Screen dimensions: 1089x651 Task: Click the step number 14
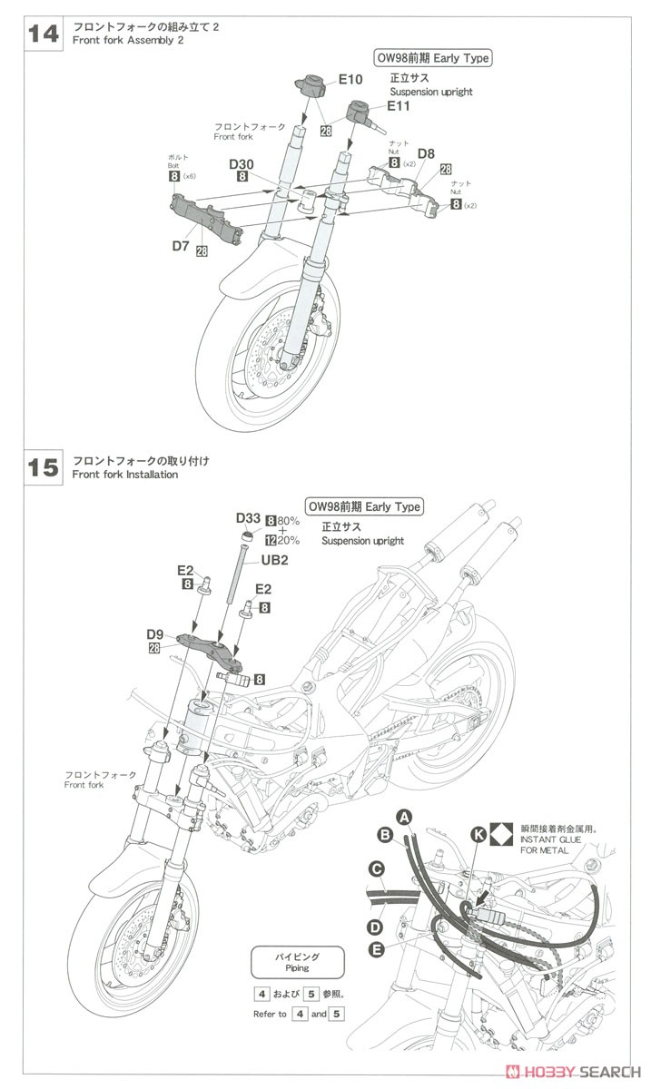(x=44, y=34)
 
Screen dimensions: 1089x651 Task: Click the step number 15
(x=44, y=467)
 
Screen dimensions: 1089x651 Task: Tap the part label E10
(x=350, y=79)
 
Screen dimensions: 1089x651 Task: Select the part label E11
(x=398, y=106)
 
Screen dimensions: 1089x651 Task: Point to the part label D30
(x=242, y=164)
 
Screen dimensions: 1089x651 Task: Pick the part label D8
(x=427, y=153)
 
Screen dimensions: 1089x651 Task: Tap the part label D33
(x=248, y=518)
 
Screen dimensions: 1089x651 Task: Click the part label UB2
(x=275, y=560)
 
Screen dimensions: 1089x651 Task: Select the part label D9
(x=154, y=633)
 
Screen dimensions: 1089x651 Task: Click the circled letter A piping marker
(x=405, y=816)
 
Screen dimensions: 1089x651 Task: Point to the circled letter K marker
(x=478, y=829)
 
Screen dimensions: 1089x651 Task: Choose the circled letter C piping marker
(x=374, y=868)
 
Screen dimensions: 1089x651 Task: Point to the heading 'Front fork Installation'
(x=125, y=475)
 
